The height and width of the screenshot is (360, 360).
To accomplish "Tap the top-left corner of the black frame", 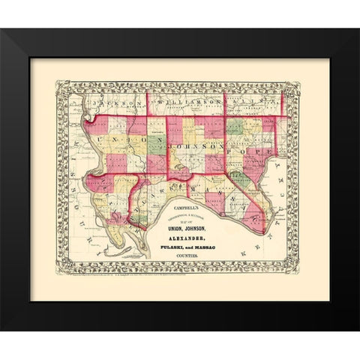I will point(2,29).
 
